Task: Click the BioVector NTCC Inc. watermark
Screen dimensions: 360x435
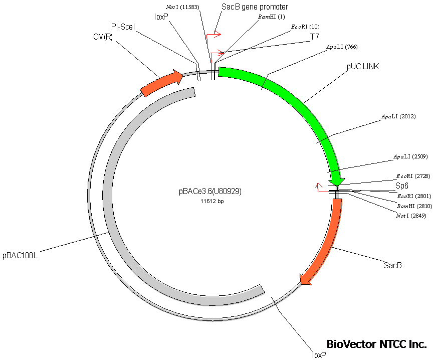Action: click(x=376, y=344)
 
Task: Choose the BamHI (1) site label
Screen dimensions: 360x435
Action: click(x=271, y=17)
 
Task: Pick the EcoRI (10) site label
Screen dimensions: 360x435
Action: click(x=305, y=27)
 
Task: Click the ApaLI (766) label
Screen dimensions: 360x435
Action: click(x=342, y=47)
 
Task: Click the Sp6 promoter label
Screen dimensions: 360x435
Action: click(x=402, y=186)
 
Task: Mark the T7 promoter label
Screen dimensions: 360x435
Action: click(x=314, y=37)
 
